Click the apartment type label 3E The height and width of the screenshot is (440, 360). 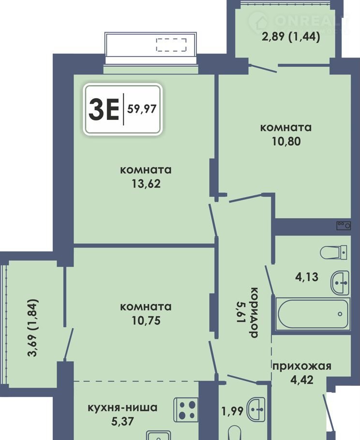[x=104, y=110]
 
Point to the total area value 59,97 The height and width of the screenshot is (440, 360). [x=142, y=109]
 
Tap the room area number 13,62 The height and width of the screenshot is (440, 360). [x=146, y=184]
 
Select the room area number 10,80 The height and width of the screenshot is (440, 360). [x=286, y=141]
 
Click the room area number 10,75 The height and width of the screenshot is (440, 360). [x=146, y=321]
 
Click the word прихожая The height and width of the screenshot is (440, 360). [x=302, y=366]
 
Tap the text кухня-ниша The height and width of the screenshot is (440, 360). [x=122, y=408]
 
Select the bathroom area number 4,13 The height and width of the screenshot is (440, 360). [x=307, y=277]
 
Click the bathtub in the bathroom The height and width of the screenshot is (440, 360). [x=313, y=314]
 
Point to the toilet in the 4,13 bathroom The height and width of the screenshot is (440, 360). [x=333, y=252]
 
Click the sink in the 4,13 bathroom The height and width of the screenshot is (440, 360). [x=340, y=283]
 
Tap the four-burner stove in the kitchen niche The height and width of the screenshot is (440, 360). [x=186, y=410]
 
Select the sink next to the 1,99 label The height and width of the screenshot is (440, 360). [x=256, y=410]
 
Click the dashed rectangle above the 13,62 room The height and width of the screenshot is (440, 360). [x=171, y=45]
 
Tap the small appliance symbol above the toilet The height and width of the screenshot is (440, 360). [x=344, y=225]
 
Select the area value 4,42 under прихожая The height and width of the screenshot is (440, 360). [x=302, y=380]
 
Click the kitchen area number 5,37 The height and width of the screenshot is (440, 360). [x=122, y=421]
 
